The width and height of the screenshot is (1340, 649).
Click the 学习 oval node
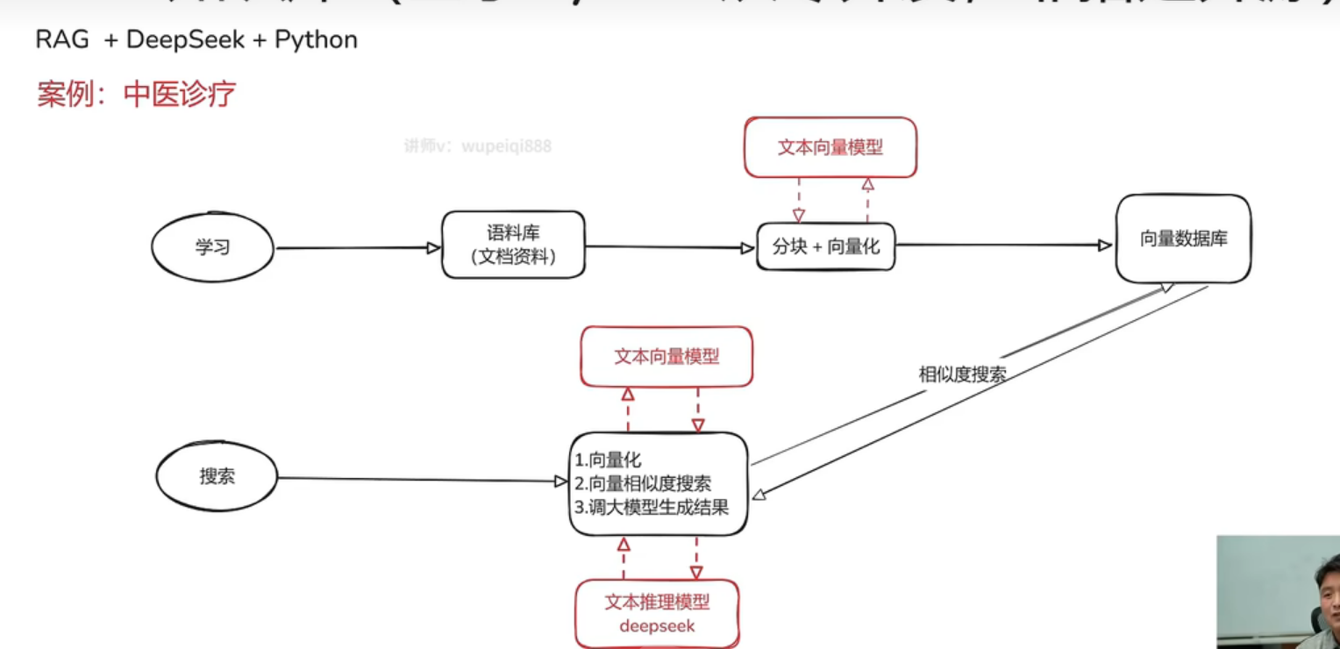[212, 247]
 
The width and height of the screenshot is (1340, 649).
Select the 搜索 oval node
[217, 477]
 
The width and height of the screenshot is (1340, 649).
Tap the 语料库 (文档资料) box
[513, 245]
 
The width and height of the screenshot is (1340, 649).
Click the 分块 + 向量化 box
[825, 246]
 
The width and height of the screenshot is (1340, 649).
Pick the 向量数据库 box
[1183, 239]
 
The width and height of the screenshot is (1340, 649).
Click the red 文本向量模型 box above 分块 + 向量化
[830, 147]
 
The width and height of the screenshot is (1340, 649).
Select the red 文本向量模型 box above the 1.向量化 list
[666, 356]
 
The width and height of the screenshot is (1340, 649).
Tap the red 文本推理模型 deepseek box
[657, 613]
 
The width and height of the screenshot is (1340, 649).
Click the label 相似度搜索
[962, 374]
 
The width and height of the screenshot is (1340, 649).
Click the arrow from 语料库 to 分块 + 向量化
[670, 247]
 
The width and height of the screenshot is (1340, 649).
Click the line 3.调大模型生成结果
[652, 507]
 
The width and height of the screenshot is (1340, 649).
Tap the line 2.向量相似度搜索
[643, 483]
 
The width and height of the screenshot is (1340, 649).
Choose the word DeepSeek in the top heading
[185, 40]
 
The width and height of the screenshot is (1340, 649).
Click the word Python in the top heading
[316, 40]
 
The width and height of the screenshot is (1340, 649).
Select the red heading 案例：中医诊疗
[136, 93]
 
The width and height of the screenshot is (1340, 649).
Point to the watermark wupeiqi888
[507, 146]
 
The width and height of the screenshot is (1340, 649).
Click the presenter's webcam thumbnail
[1278, 592]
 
